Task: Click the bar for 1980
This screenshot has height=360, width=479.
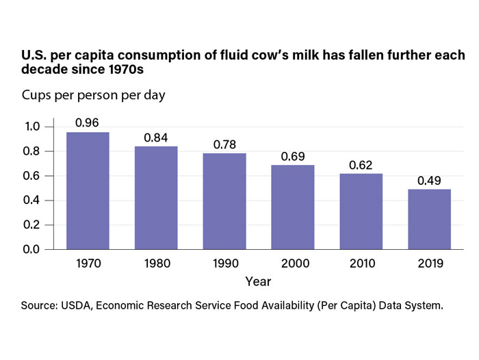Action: point(156,198)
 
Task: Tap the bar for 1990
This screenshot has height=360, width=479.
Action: point(224,201)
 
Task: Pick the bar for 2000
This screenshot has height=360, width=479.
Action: point(292,207)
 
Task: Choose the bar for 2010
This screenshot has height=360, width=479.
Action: point(361,211)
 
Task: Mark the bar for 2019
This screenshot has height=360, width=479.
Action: point(429,219)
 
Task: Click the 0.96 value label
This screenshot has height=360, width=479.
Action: point(88,123)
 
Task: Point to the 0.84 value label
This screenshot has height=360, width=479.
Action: point(156,138)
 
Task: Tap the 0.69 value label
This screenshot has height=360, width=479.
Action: point(292,157)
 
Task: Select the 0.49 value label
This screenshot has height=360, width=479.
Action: point(429,181)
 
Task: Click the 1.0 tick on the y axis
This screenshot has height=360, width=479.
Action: point(32,127)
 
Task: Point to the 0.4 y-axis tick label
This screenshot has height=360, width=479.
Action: point(32,201)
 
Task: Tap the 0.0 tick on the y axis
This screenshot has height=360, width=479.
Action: point(32,249)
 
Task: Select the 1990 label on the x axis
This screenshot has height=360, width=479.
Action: point(224,262)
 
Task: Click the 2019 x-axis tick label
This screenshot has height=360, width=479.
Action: point(429,262)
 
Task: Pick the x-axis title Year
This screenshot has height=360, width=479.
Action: point(259,281)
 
